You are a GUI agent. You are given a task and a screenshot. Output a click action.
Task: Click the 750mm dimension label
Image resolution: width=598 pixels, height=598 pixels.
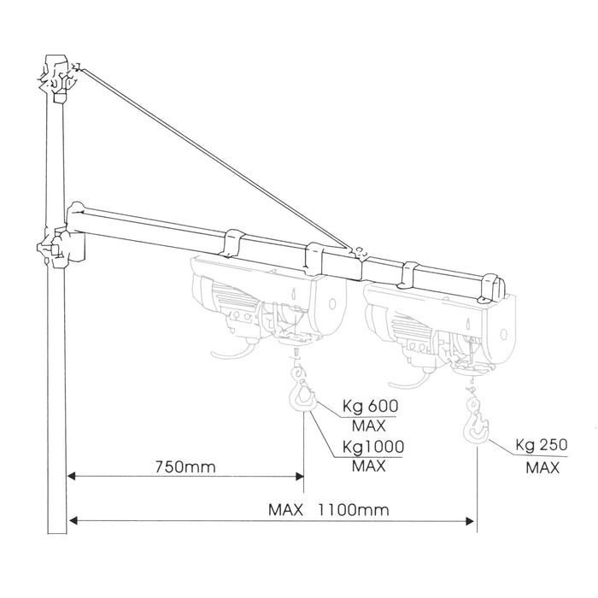click(x=185, y=467)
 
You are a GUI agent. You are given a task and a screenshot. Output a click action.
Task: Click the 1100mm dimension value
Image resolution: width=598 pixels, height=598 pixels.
click(x=354, y=511)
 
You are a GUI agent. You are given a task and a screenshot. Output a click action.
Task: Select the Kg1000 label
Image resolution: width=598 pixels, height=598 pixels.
click(x=373, y=446)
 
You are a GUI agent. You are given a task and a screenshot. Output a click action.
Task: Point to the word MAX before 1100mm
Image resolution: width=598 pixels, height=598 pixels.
click(x=287, y=511)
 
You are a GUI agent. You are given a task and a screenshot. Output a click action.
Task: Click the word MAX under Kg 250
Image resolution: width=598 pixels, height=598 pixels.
click(x=542, y=467)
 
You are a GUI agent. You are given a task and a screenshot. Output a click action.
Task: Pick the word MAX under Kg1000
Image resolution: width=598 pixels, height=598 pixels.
click(x=369, y=466)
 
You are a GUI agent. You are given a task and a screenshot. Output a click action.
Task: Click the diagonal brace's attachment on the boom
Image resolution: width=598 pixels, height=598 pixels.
click(x=358, y=252)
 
